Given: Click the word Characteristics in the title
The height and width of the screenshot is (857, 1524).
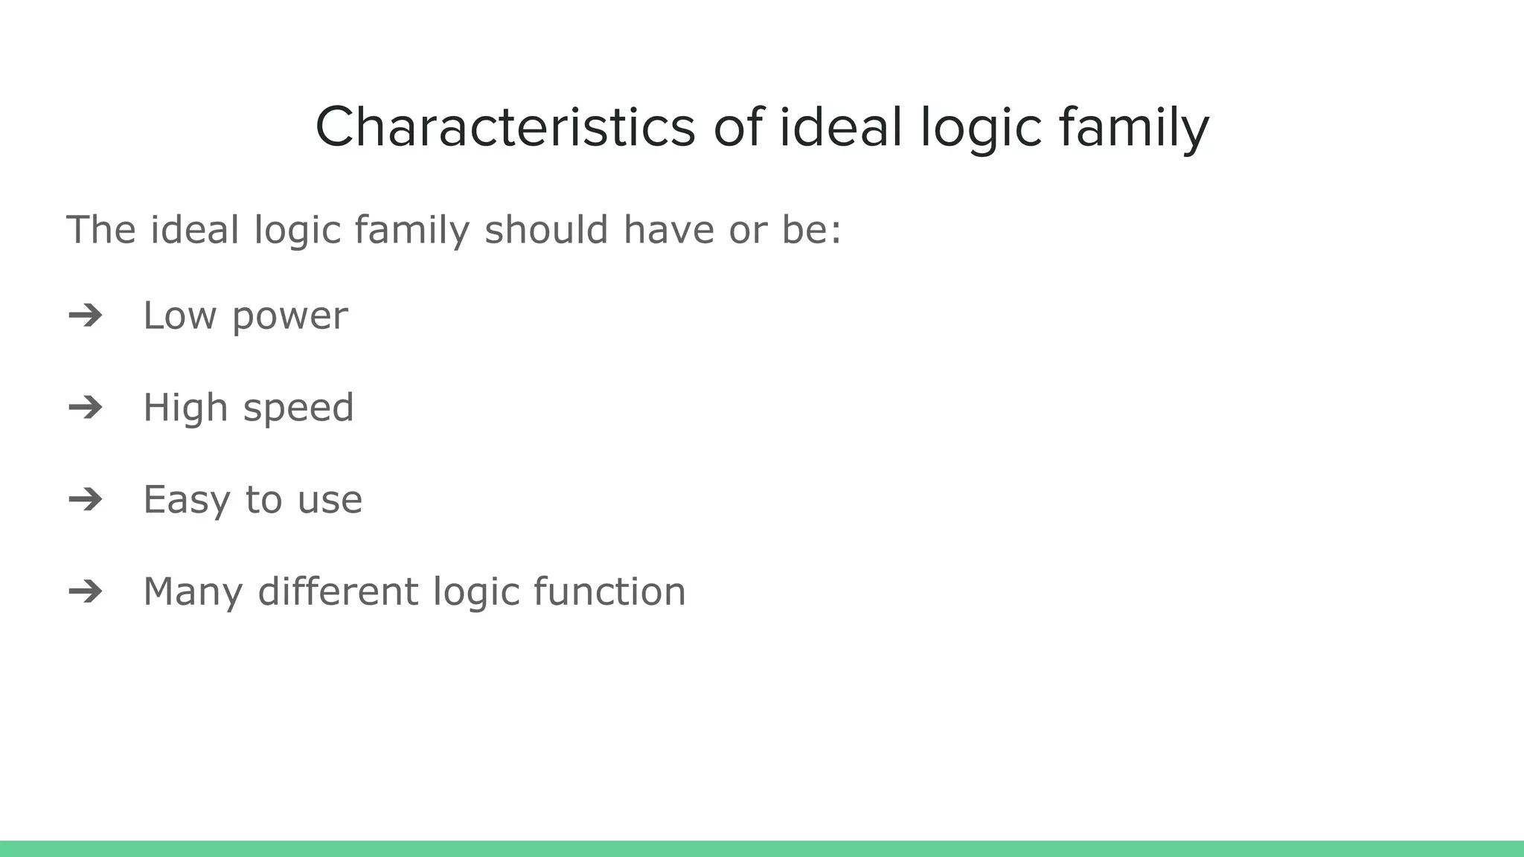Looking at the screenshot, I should (x=505, y=128).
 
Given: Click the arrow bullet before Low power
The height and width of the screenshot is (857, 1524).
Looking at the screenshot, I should (x=86, y=315).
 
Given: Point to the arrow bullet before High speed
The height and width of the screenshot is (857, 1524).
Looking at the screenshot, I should (x=86, y=408).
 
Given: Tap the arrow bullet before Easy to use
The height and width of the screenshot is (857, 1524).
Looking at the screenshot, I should (x=86, y=499).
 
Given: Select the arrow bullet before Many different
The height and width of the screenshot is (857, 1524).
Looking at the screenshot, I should (x=86, y=591).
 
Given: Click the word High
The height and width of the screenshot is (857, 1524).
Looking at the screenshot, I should (x=185, y=408).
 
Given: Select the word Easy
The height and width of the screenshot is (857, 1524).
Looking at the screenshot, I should (x=186, y=500).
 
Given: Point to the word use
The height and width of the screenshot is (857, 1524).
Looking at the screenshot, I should (x=330, y=500).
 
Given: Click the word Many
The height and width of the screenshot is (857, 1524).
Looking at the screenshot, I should (x=193, y=592).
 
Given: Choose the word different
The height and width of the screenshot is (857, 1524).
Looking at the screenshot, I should (x=338, y=591).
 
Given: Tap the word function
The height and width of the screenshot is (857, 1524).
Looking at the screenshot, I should (x=609, y=591).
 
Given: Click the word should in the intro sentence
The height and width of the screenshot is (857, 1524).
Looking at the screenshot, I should (x=546, y=229).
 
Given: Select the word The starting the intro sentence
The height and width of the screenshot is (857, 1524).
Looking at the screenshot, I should (x=101, y=229).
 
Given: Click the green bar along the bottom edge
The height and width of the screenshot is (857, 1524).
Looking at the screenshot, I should (x=762, y=849).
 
